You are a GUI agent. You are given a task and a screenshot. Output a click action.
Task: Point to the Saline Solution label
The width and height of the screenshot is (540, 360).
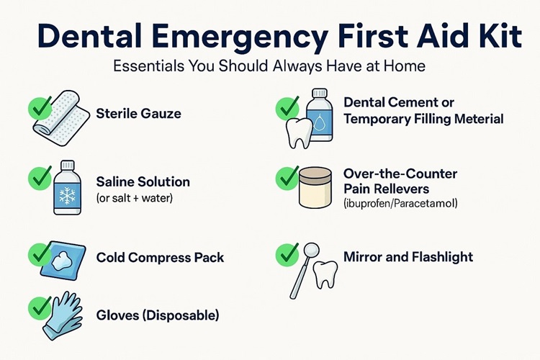click(143, 182)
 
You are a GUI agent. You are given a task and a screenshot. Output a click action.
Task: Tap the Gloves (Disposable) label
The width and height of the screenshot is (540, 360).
click(158, 315)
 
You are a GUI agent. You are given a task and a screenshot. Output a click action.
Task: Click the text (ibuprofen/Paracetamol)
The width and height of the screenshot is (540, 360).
click(400, 204)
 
